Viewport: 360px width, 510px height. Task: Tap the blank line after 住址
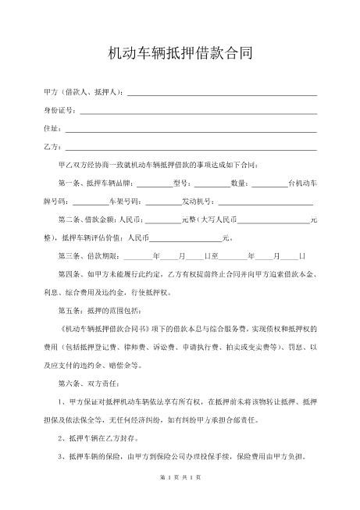click(191, 130)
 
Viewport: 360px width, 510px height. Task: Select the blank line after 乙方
click(191, 148)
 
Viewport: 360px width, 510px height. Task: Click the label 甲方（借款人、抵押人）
click(84, 93)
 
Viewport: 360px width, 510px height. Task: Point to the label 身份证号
click(59, 111)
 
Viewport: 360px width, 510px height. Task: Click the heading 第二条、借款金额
click(87, 221)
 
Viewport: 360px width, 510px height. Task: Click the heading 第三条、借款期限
click(87, 257)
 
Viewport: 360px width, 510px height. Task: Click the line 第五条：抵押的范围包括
click(96, 311)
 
